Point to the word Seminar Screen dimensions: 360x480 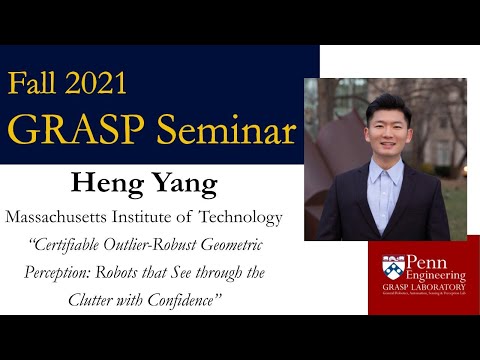point(225,128)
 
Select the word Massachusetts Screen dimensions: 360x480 point(68,217)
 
